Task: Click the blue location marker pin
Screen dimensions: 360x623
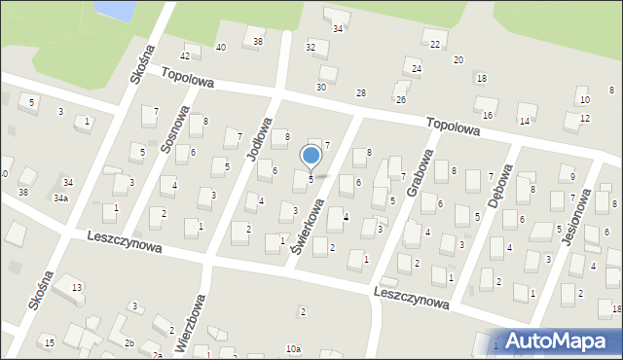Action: [311, 156]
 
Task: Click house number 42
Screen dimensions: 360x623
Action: [185, 56]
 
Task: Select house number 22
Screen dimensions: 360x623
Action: [435, 45]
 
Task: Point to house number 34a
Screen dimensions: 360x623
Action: [60, 198]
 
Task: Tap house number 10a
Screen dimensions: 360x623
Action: [293, 348]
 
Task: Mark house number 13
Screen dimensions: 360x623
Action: [76, 287]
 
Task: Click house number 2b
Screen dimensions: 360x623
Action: [128, 342]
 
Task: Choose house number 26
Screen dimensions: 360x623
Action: [400, 99]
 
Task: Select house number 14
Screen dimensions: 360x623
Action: [524, 121]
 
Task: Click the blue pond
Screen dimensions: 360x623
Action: [115, 10]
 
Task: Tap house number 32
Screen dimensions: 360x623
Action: [311, 47]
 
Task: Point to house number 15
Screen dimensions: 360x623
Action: [49, 342]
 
